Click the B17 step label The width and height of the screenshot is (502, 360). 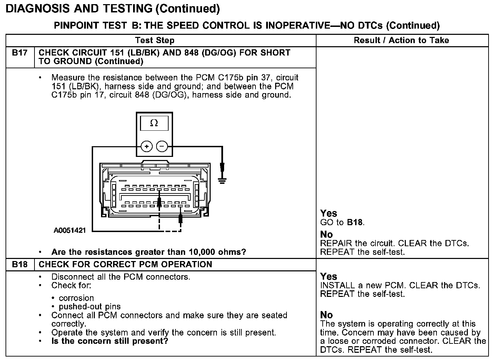20,53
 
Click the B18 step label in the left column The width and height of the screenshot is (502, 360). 20,264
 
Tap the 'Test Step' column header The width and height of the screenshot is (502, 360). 155,40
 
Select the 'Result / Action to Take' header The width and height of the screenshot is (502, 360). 401,40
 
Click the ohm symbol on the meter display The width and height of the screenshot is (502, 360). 154,123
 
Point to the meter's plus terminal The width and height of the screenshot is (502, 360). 147,147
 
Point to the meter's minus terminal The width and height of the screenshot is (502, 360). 162,147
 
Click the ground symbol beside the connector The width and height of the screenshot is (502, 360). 222,179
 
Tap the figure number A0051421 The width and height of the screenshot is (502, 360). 70,230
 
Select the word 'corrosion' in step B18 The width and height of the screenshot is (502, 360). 76,298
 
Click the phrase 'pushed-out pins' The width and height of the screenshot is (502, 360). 90,307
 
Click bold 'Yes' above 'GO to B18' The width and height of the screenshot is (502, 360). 329,213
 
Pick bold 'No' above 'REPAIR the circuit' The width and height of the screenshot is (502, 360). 326,234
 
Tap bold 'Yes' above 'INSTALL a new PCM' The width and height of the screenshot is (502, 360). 329,276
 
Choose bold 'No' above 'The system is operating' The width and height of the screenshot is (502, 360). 326,315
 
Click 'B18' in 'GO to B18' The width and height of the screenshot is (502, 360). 355,222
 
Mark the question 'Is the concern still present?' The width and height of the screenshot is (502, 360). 110,341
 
